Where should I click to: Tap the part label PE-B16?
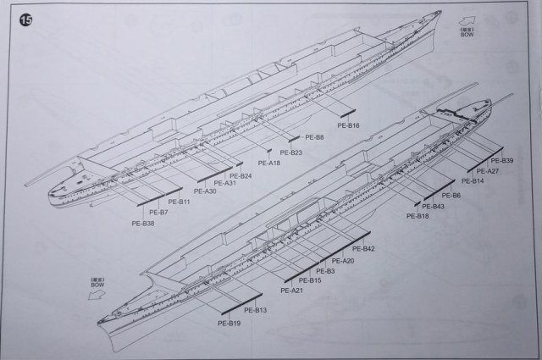point(348,126)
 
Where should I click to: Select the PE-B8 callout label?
point(313,137)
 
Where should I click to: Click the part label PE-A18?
point(269,163)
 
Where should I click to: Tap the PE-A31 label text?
point(224,183)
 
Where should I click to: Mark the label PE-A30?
point(206,191)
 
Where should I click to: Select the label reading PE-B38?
point(143,223)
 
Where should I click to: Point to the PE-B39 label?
point(502,161)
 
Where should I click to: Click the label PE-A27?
point(488,171)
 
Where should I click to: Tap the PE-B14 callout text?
point(473,181)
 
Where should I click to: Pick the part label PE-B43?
point(433,207)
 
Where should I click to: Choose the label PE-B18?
point(418,216)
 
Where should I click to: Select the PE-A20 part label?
point(342,260)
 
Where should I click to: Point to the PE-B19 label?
point(229,323)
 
